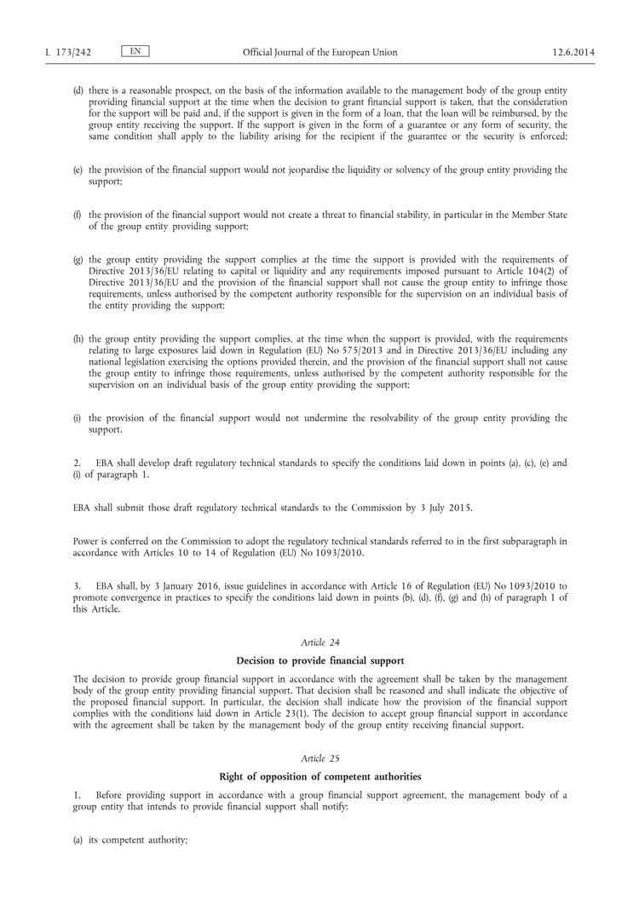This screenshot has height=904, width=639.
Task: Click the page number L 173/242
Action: [68, 53]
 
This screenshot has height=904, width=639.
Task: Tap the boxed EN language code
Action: [135, 52]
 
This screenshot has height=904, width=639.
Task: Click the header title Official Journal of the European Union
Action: [319, 53]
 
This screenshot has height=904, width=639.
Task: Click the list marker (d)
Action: [78, 90]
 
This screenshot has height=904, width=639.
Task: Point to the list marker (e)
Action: [78, 170]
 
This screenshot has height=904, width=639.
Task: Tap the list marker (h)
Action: [78, 339]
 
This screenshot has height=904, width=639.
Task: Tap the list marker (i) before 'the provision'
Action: [78, 418]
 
